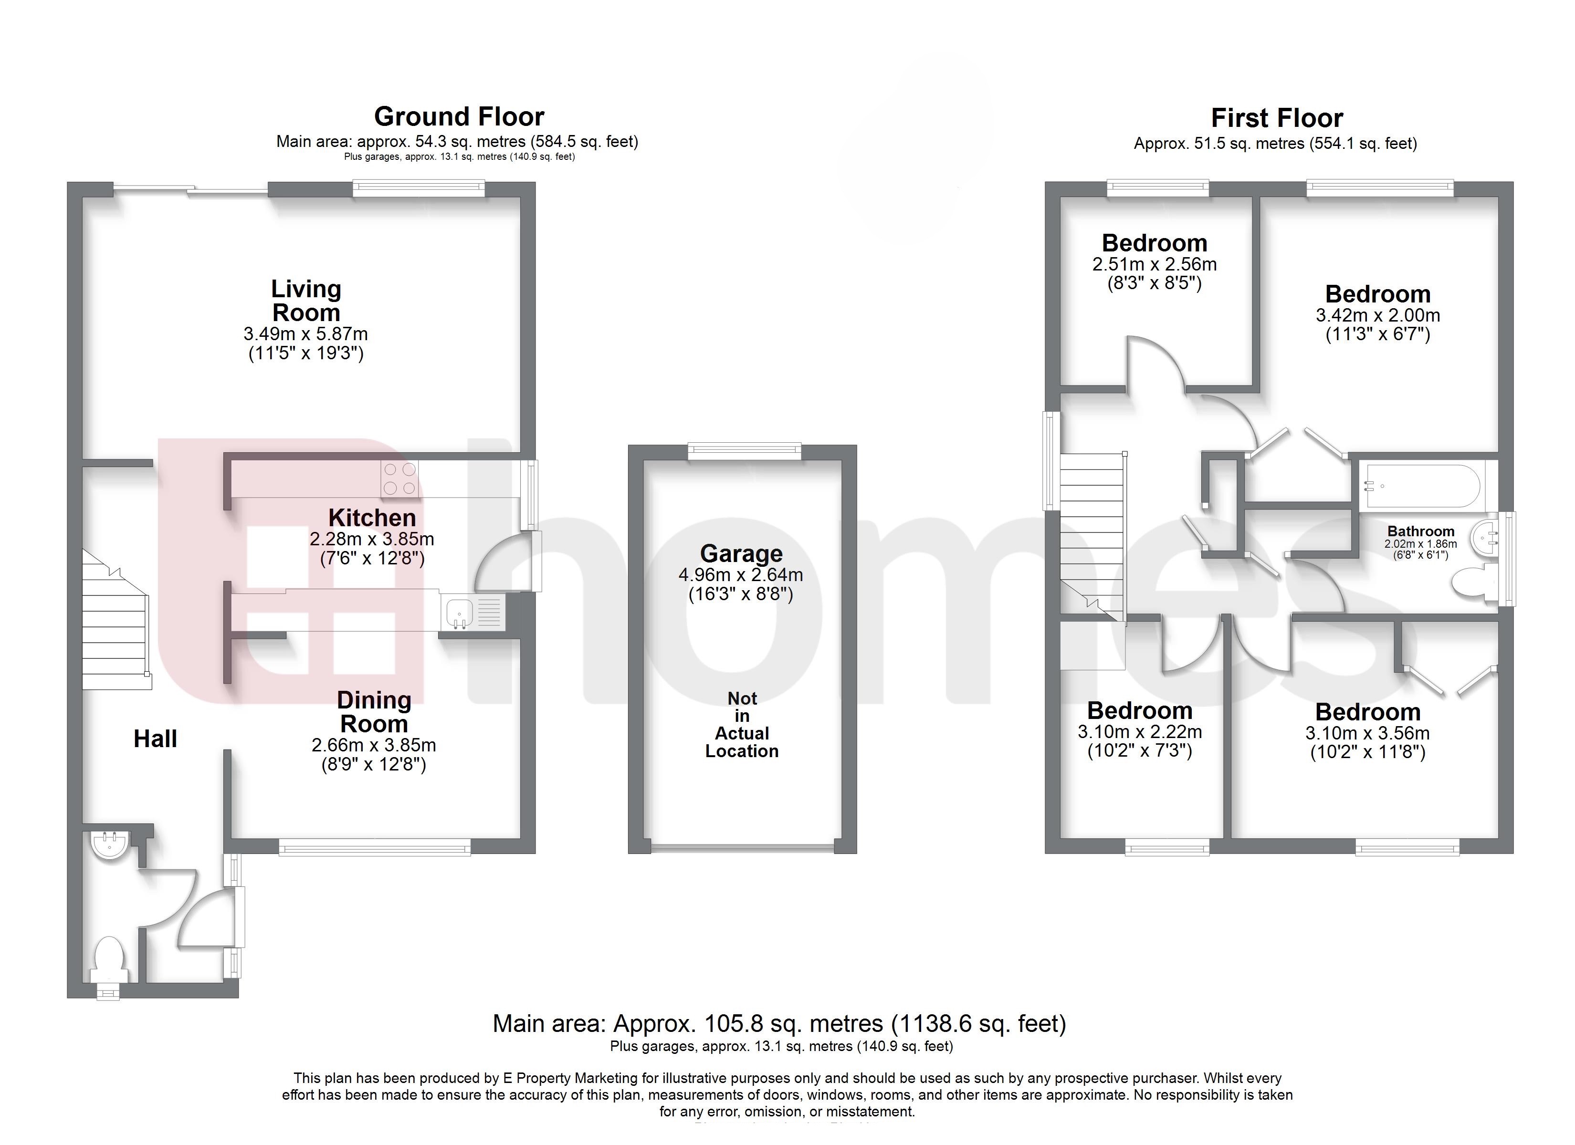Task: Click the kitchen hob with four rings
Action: click(399, 479)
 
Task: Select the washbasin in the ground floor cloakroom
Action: click(108, 843)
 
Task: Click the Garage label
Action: click(741, 553)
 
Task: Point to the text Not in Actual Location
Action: click(742, 724)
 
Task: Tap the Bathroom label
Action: click(1421, 531)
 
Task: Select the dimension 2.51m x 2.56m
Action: click(1154, 265)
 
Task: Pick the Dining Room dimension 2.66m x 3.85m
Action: click(374, 746)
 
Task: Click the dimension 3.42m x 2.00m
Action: click(1378, 315)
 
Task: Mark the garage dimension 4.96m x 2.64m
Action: click(741, 575)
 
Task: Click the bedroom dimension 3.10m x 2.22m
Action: click(1140, 732)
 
